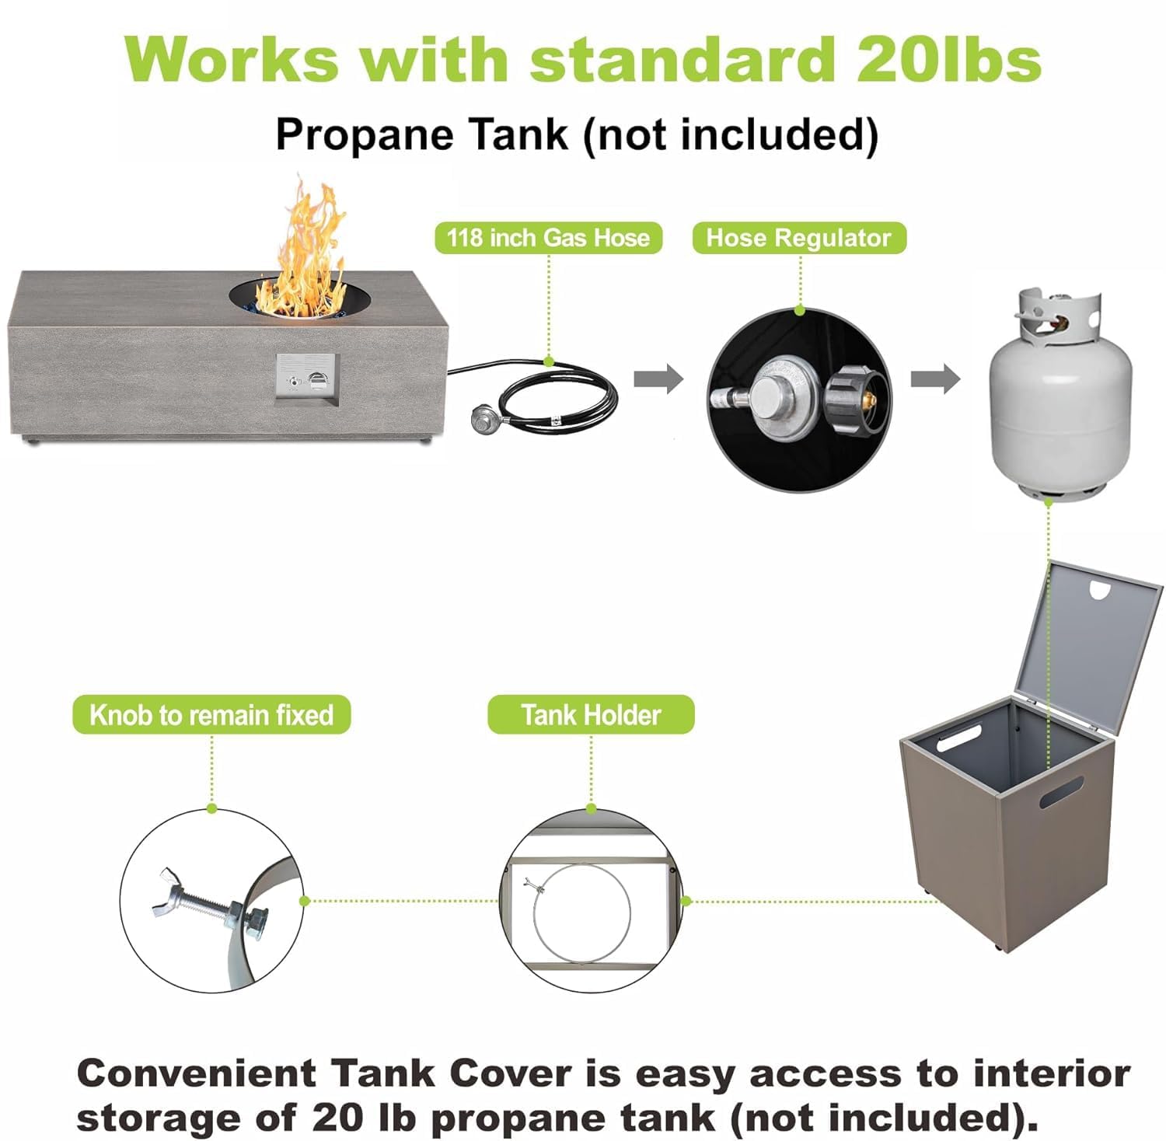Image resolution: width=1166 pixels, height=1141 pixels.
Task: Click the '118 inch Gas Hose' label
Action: (548, 238)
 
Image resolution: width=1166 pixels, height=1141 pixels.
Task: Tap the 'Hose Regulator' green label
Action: (798, 238)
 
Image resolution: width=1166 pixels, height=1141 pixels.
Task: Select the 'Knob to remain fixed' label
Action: (211, 714)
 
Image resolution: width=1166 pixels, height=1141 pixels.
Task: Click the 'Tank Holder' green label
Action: (591, 714)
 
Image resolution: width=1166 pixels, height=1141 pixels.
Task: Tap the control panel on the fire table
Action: (307, 379)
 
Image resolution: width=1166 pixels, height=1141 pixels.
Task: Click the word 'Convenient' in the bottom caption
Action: (196, 1073)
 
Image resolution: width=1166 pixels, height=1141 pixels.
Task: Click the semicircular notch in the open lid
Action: (1100, 591)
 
